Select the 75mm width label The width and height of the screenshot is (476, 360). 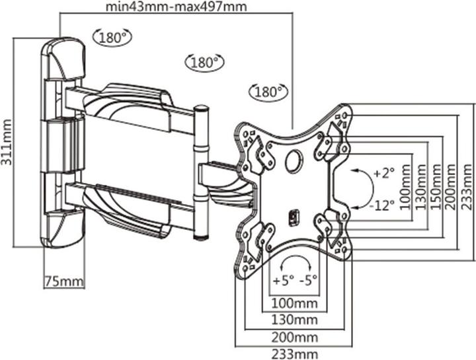(64, 281)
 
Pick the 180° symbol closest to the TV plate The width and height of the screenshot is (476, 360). (269, 90)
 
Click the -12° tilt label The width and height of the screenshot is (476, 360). (381, 204)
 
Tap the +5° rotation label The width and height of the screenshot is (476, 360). (282, 279)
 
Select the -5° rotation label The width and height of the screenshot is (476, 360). (309, 279)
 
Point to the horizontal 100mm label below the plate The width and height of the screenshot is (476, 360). (295, 303)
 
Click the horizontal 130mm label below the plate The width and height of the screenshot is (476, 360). (295, 320)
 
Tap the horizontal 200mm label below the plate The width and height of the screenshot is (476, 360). (295, 336)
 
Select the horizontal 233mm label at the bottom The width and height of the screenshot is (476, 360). (295, 353)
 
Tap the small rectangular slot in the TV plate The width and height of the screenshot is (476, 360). (296, 216)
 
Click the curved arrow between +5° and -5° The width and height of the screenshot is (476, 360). (296, 259)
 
